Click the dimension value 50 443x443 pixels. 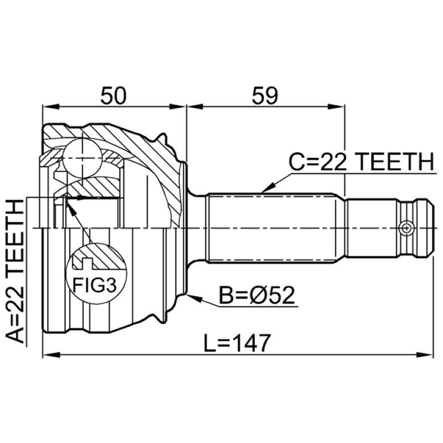click(114, 95)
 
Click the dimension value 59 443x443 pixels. click(265, 95)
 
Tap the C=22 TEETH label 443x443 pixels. click(361, 162)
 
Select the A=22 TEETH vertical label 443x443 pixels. click(15, 271)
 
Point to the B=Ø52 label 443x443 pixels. click(257, 295)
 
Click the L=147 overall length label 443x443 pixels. click(238, 343)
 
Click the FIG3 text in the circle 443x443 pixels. click(94, 285)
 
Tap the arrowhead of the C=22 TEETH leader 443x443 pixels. click(268, 187)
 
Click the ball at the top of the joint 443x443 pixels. click(82, 158)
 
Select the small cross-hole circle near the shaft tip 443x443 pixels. click(406, 228)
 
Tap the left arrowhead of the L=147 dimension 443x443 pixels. click(51, 354)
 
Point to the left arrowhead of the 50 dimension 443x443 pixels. click(51, 107)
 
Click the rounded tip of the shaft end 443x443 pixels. click(430, 228)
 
